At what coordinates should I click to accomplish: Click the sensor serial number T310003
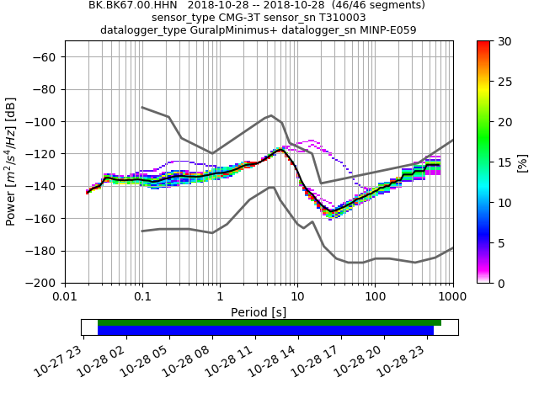pyautogui.click(x=340, y=17)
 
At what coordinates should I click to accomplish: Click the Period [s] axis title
pyautogui.click(x=259, y=312)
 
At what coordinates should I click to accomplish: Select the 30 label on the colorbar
pyautogui.click(x=504, y=41)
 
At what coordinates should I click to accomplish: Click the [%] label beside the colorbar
pyautogui.click(x=522, y=162)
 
